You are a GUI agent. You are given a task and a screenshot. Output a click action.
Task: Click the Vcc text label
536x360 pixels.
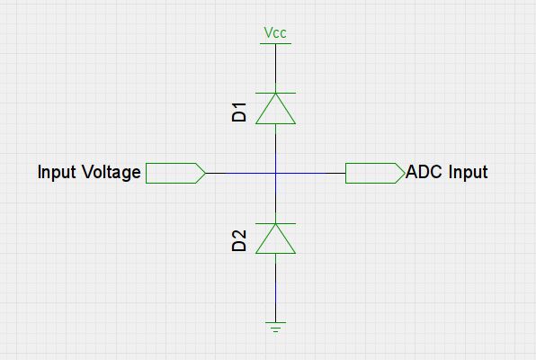[275, 33]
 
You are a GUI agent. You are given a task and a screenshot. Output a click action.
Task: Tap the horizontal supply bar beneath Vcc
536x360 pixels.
[275, 43]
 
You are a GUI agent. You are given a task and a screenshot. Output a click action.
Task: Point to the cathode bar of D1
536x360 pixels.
[275, 92]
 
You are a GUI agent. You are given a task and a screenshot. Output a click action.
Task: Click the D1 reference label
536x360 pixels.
[239, 112]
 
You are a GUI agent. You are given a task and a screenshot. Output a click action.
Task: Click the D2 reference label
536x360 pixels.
[239, 240]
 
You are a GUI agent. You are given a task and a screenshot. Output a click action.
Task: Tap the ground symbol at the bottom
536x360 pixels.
[275, 326]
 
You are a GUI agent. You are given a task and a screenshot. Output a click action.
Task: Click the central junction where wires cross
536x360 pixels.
[275, 172]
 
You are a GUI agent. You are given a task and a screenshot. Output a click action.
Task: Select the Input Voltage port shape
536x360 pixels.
[174, 172]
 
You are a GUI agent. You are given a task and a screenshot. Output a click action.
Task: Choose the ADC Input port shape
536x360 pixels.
[373, 172]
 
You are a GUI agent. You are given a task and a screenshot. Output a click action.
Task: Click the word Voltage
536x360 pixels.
[108, 172]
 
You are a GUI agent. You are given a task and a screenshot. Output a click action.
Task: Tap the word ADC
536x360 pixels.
[424, 172]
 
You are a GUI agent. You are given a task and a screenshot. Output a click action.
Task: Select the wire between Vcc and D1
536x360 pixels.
[275, 67]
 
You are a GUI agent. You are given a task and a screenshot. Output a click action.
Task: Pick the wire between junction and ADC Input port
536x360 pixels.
[310, 172]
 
